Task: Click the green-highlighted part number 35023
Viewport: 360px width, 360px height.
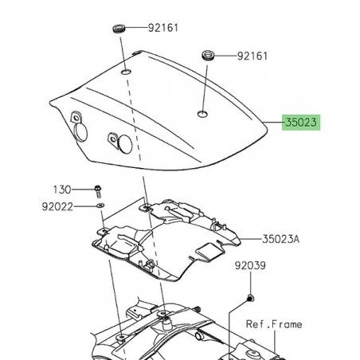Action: point(303,123)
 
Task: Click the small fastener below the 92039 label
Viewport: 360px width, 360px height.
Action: point(249,298)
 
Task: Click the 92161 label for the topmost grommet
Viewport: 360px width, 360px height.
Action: point(163,27)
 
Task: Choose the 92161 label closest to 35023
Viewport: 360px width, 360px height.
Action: point(251,57)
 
